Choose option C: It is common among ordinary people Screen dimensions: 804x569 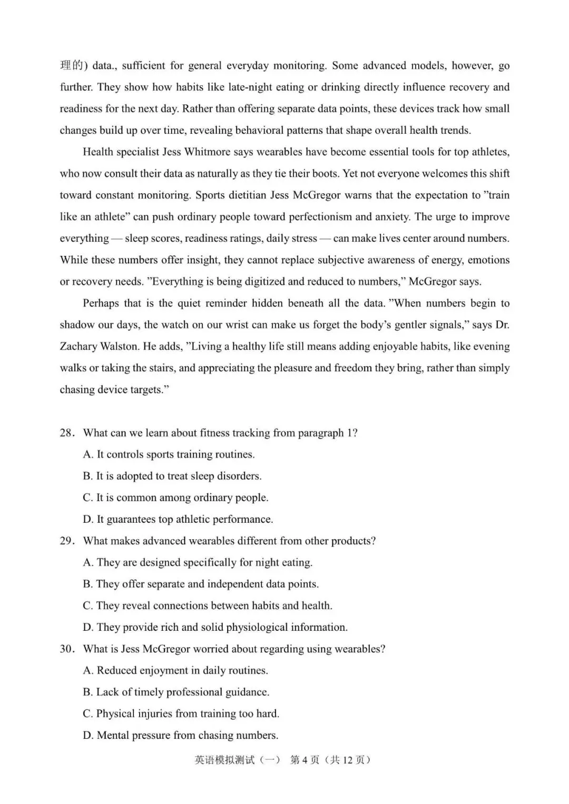175,498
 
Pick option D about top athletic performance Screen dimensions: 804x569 178,519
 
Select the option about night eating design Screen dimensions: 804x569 198,562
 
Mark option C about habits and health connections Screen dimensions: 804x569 207,606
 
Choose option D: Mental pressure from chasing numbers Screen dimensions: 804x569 180,735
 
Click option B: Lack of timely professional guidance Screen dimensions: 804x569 175,692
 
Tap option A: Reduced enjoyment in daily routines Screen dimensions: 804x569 175,670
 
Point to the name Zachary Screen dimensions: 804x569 79,346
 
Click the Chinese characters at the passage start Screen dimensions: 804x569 72,65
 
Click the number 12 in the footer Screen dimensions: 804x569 348,760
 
